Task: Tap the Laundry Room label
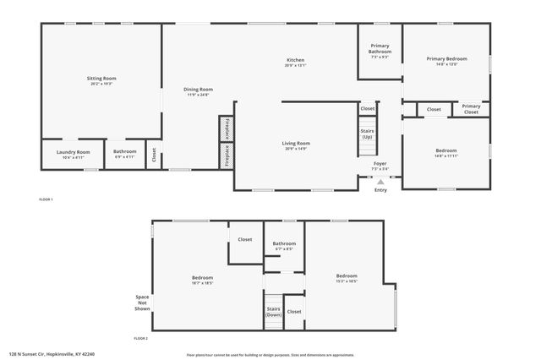point(73,152)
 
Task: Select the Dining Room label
point(199,89)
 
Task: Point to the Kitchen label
point(295,60)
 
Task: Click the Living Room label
point(296,144)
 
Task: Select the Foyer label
point(380,164)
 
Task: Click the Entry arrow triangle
point(381,181)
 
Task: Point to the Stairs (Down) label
point(273,311)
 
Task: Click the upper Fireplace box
point(226,128)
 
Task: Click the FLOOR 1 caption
point(46,199)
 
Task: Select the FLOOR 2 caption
point(140,338)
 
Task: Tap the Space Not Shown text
point(141,303)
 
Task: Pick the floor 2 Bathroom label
point(283,243)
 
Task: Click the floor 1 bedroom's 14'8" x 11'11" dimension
point(445,156)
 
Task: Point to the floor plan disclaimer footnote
point(270,354)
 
